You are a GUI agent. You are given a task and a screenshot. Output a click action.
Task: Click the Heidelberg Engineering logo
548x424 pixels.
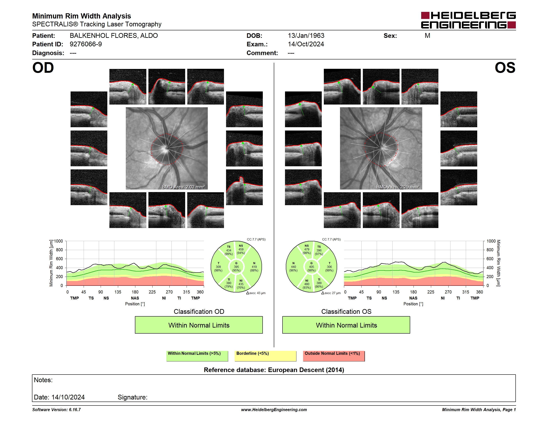pos(468,20)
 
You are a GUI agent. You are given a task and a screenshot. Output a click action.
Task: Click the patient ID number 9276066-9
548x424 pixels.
pos(86,44)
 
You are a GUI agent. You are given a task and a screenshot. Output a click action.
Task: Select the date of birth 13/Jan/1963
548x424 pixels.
pos(306,36)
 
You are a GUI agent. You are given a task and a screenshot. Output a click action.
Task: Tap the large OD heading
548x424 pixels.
pos(43,68)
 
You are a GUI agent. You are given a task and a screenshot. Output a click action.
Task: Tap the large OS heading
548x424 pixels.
pos(505,68)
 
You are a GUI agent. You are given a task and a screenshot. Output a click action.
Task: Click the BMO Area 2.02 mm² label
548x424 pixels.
pos(183,187)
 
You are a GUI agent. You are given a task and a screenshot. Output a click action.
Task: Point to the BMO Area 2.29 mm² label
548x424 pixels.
pos(398,187)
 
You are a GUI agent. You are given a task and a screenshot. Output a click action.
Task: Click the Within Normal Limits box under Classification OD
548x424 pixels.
pos(199,325)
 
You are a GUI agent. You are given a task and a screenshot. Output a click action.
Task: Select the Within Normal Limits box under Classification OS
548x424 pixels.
pos(346,325)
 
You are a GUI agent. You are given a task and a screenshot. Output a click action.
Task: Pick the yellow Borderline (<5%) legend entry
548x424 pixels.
pos(265,356)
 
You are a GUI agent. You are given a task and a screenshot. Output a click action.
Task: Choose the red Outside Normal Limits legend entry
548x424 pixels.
pos(334,356)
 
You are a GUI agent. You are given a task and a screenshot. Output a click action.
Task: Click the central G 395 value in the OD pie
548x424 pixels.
pos(236,267)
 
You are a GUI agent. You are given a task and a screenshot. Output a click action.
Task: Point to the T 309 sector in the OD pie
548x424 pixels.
pos(218,267)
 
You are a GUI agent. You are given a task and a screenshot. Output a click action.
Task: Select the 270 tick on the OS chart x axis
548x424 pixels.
pos(448,292)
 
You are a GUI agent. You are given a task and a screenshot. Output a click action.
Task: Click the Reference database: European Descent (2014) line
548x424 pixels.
pos(274,370)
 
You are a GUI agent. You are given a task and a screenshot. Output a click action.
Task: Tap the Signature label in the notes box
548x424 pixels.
pos(132,397)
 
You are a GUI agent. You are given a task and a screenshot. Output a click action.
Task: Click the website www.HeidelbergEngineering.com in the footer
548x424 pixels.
pos(274,410)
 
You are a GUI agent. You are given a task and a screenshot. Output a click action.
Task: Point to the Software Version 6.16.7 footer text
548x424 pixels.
pos(56,410)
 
